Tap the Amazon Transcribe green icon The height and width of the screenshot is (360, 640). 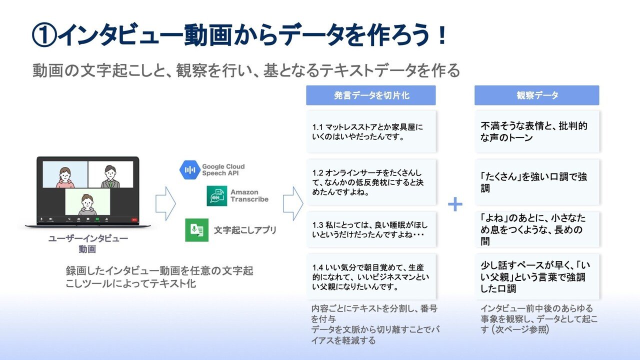click(x=217, y=195)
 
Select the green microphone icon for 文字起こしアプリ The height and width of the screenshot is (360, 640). click(x=196, y=230)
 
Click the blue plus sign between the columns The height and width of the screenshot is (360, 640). click(x=455, y=204)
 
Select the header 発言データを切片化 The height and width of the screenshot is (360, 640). click(x=370, y=95)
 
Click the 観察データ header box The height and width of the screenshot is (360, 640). click(x=536, y=95)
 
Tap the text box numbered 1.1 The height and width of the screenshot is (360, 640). click(x=370, y=131)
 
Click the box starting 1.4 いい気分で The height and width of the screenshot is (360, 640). click(x=370, y=276)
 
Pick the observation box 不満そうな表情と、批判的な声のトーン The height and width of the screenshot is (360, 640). click(x=536, y=131)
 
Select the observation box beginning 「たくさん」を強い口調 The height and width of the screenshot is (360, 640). click(x=536, y=182)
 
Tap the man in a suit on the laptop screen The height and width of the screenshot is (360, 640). click(x=110, y=175)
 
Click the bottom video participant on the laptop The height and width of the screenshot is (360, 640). click(x=87, y=202)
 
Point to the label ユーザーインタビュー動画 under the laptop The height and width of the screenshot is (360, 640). click(x=87, y=243)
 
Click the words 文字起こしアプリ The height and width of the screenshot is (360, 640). click(x=245, y=230)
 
